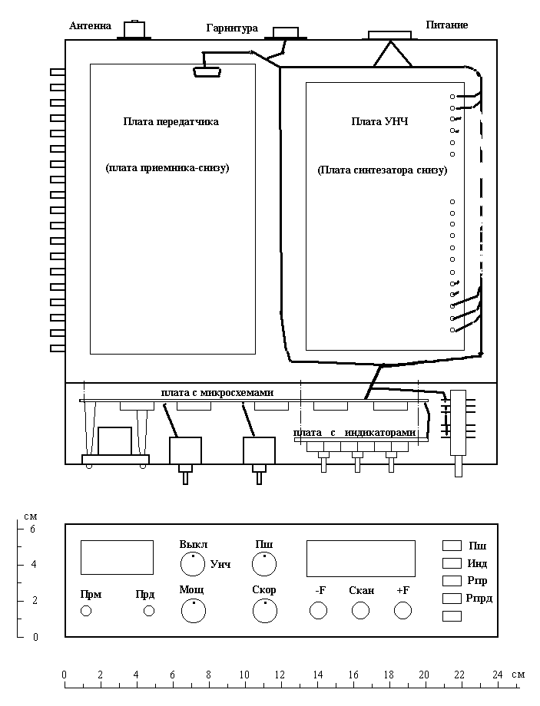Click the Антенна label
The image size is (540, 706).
(90, 25)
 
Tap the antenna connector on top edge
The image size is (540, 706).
(134, 30)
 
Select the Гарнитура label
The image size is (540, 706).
(232, 28)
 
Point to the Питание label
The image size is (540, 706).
(447, 25)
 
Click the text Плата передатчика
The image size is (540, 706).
(171, 121)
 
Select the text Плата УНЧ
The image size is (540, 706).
(379, 121)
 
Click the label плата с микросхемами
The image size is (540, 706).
(217, 392)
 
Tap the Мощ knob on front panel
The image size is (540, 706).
(194, 611)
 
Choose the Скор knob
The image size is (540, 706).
(265, 611)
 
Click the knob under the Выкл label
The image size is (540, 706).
(193, 564)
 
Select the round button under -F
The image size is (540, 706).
(318, 611)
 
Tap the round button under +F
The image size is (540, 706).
(403, 611)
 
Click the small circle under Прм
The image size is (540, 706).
(85, 611)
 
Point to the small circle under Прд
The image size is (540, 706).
(149, 611)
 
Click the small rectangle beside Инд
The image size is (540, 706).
(452, 563)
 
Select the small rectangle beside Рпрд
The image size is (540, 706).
(452, 599)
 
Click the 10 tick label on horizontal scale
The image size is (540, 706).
(243, 675)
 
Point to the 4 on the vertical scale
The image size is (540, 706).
(34, 565)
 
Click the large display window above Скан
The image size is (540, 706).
(360, 559)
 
